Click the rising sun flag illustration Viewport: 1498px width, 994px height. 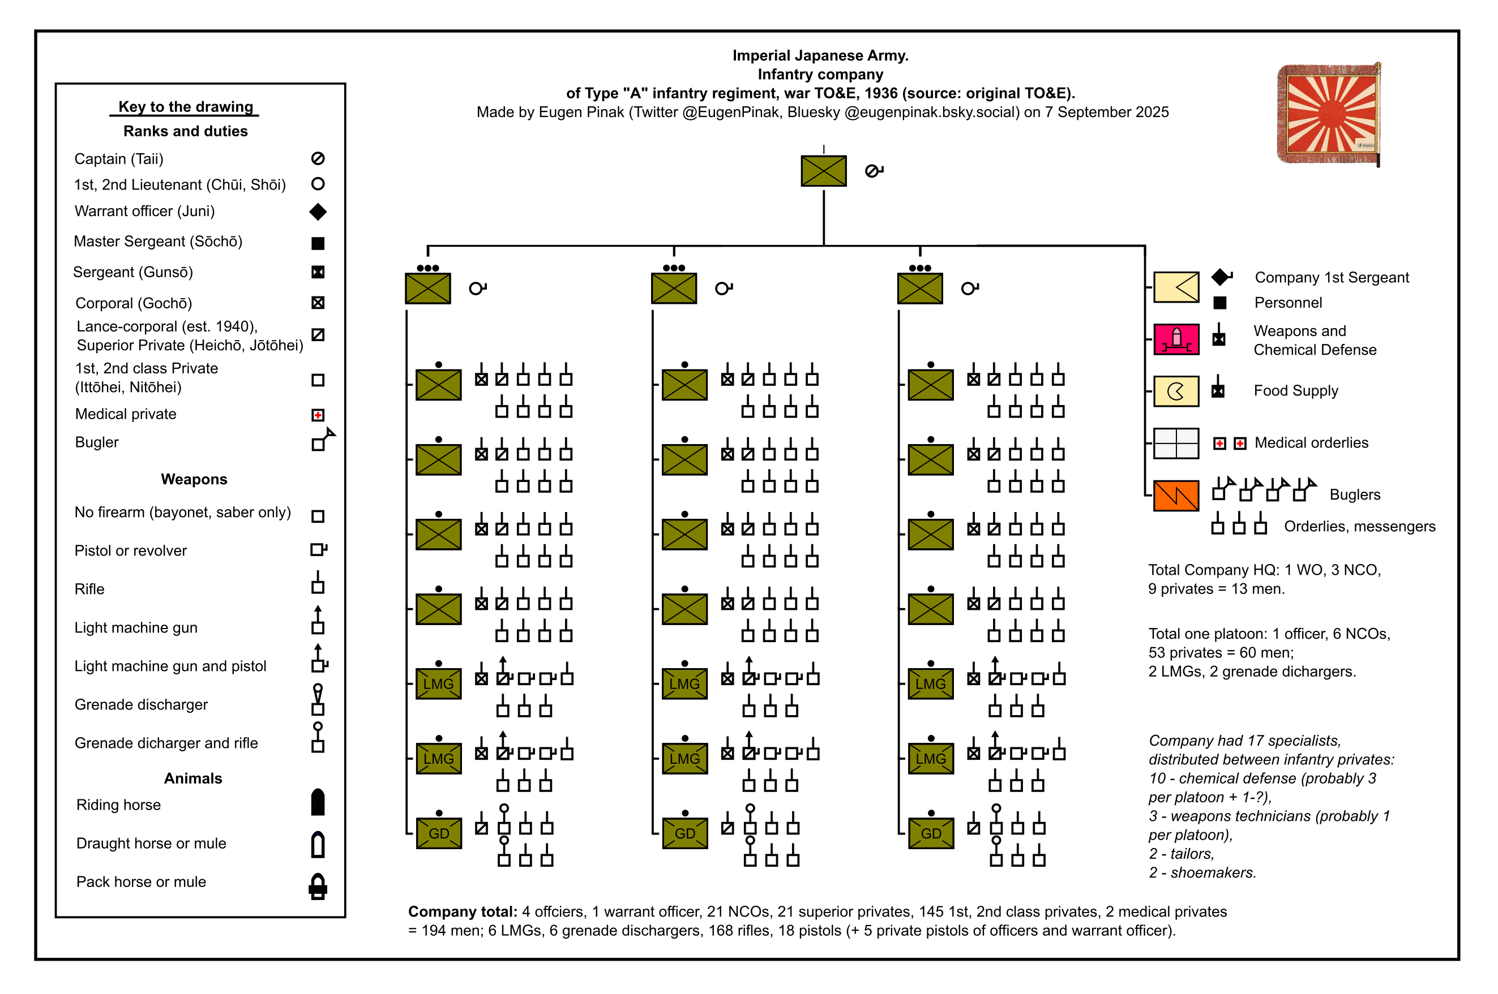click(x=1328, y=114)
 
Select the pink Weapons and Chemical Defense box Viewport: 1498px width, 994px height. click(x=1176, y=339)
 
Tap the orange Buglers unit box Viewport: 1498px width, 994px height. click(x=1176, y=495)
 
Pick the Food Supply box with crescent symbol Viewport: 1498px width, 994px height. click(x=1176, y=391)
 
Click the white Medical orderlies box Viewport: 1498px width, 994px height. click(x=1176, y=443)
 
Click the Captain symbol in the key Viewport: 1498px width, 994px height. click(x=318, y=158)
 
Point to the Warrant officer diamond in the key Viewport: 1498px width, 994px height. click(x=318, y=212)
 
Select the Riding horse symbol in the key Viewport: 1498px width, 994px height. click(x=318, y=803)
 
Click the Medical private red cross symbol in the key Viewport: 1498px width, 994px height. click(x=318, y=415)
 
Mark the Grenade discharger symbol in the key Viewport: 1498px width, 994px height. click(x=318, y=700)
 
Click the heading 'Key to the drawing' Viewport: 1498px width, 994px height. click(x=185, y=106)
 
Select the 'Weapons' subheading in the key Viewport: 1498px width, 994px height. click(x=194, y=479)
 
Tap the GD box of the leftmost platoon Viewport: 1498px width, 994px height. click(x=438, y=833)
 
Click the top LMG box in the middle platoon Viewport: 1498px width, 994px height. click(x=684, y=683)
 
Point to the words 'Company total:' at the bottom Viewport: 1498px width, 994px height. click(x=463, y=911)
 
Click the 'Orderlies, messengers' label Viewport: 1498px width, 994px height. click(x=1359, y=526)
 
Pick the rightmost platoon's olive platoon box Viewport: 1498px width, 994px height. click(x=919, y=289)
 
